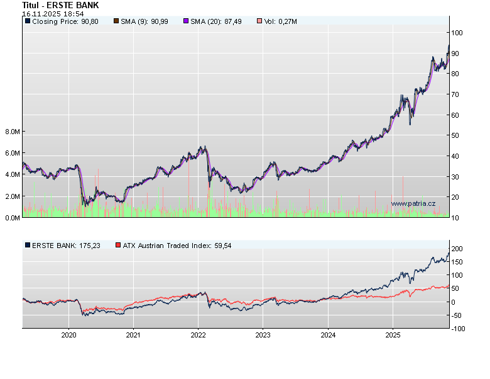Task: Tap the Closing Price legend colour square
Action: pos(28,21)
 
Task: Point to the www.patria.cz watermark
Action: pos(413,203)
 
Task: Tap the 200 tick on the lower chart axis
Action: pos(457,249)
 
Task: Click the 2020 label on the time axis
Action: pos(68,335)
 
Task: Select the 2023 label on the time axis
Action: pos(263,335)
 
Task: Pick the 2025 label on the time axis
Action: pos(392,335)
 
